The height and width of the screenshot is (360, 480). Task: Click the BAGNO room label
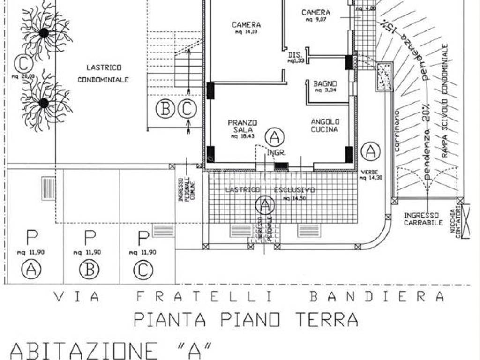(325, 85)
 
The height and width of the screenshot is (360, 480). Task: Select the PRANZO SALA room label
(242, 126)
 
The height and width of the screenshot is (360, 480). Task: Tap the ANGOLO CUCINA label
(324, 125)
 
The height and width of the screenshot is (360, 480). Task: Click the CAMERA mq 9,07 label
(315, 15)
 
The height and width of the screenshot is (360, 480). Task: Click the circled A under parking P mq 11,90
(31, 269)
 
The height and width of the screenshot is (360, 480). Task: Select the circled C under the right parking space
(143, 269)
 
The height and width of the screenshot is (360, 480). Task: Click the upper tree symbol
(44, 33)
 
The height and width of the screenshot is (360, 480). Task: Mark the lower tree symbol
(44, 103)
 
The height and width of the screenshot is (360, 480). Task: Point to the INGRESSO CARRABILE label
(423, 219)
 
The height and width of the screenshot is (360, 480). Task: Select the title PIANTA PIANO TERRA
(246, 319)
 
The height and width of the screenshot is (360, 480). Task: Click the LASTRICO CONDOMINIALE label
(103, 73)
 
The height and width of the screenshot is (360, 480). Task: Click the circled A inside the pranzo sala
(275, 137)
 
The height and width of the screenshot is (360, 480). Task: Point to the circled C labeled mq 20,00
(21, 62)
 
